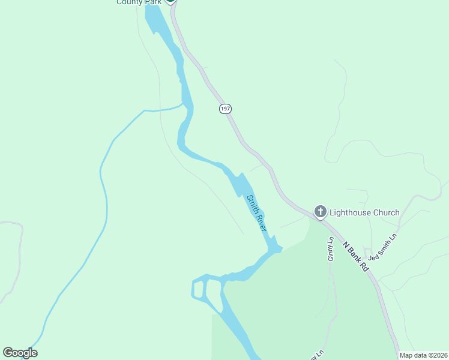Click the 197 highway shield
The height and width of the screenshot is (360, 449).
click(225, 109)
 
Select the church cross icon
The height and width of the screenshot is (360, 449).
click(321, 212)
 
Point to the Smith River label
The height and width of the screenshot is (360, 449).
click(256, 212)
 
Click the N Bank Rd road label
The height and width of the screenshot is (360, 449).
click(356, 256)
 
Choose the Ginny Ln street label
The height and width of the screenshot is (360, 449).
click(330, 250)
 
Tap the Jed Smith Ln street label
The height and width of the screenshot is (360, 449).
click(383, 247)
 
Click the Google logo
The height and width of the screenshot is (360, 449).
click(20, 353)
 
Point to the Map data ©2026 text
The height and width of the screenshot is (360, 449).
click(423, 355)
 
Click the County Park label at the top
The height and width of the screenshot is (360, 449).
click(139, 2)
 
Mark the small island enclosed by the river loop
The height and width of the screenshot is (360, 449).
click(197, 289)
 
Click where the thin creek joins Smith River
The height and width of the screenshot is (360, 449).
click(184, 105)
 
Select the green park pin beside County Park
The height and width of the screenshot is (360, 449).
click(170, 1)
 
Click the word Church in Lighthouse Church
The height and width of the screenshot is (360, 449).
click(385, 212)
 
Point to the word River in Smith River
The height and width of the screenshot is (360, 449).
click(261, 221)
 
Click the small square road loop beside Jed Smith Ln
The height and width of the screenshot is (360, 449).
click(367, 251)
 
